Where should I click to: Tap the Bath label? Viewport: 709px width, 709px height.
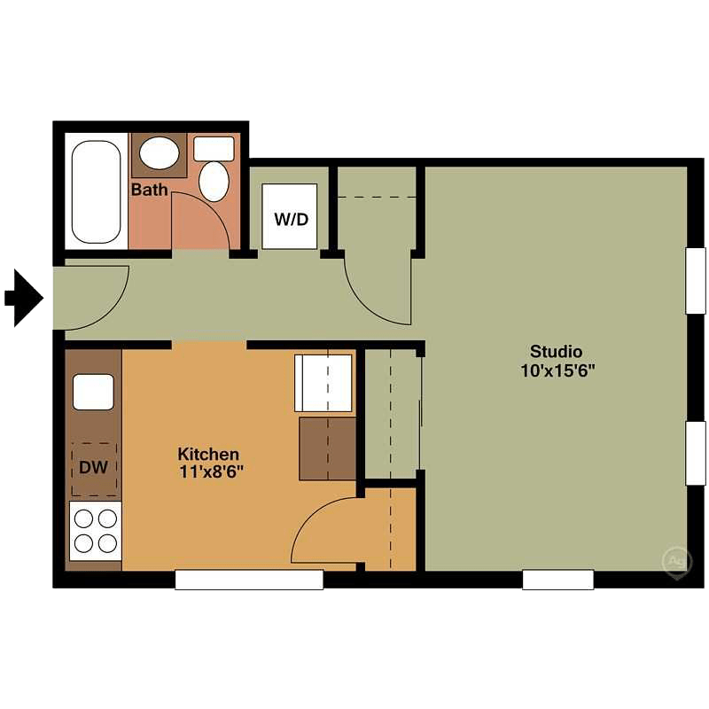[x=148, y=190]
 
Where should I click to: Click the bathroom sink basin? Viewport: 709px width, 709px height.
[x=159, y=153]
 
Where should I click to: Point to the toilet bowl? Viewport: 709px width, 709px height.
[x=214, y=180]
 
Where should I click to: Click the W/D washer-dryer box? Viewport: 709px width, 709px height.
[x=290, y=217]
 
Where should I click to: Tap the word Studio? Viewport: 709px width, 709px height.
[x=556, y=351]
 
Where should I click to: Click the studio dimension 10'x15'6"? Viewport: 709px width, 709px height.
[x=557, y=370]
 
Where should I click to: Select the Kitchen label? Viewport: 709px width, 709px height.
[x=208, y=454]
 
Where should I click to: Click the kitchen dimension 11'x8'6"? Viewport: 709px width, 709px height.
[x=210, y=472]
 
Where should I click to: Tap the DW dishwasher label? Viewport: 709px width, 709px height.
[x=93, y=467]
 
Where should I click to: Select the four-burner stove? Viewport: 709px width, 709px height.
[x=94, y=529]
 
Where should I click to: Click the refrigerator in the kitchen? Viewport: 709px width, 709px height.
[x=323, y=383]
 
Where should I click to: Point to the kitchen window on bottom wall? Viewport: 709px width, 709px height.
[x=249, y=580]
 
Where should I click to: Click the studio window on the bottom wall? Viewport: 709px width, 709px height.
[x=557, y=580]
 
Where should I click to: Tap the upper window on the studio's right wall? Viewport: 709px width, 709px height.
[x=697, y=280]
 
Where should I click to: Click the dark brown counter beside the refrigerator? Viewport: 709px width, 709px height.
[x=327, y=448]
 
